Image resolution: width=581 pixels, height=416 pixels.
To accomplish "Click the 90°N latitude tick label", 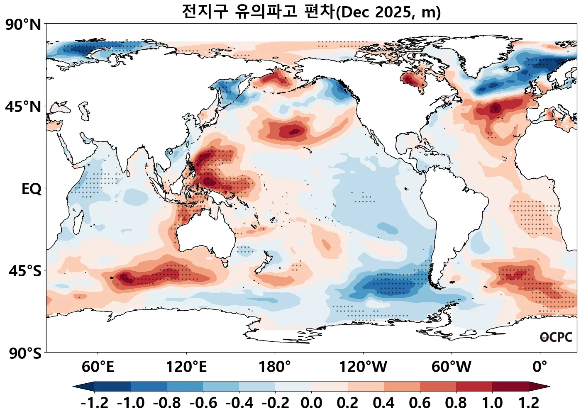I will (x=24, y=24).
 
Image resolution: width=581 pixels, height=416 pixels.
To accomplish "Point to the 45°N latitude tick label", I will (x=24, y=107).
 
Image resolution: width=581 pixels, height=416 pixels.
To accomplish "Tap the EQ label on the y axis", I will (x=32, y=189).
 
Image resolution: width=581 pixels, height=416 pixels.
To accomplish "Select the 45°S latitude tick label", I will (x=25, y=271).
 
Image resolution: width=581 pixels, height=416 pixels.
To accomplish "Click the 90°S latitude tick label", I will (x=25, y=353).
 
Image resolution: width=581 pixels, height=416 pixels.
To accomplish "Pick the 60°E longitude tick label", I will (x=98, y=367).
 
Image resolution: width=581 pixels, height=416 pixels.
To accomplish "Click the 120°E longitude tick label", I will (x=186, y=367).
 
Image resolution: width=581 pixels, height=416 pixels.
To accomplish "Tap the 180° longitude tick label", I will (x=275, y=367).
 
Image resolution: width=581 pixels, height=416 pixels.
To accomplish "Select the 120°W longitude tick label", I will (x=363, y=367).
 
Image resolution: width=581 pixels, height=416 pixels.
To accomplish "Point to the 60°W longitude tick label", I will (x=452, y=367).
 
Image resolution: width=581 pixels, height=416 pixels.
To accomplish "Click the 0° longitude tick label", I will (x=540, y=367).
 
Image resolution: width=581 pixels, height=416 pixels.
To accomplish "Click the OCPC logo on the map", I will (x=556, y=337).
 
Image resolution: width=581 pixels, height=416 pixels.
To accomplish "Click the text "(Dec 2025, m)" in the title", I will (x=388, y=12).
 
